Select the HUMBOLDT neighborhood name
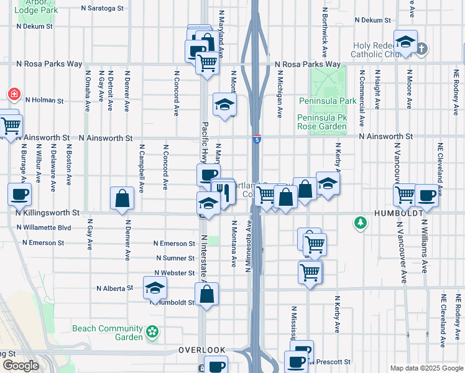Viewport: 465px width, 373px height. [x=400, y=213]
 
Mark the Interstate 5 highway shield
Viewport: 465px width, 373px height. [x=257, y=139]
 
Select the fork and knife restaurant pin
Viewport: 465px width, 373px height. [x=224, y=191]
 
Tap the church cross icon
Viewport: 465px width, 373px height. [x=421, y=48]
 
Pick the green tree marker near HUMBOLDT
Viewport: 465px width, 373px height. [x=360, y=222]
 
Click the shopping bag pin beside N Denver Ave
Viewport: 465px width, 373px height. [x=122, y=198]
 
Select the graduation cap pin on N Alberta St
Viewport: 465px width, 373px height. [x=155, y=287]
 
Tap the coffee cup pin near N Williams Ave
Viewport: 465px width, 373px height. [x=426, y=194]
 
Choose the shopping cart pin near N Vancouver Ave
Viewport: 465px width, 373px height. [x=405, y=194]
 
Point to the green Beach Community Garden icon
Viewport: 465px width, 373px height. [x=152, y=333]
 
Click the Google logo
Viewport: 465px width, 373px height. [x=21, y=366]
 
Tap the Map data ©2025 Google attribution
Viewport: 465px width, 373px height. [x=426, y=368]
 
